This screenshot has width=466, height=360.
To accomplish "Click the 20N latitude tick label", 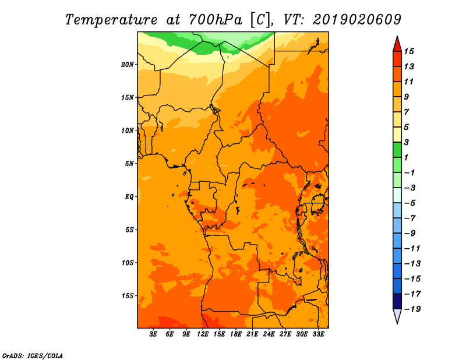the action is point(128,65).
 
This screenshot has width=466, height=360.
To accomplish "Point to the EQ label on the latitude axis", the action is point(129,197).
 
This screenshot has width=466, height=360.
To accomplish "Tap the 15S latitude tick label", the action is point(128,296).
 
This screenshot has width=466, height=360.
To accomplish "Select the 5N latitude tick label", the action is point(129,164).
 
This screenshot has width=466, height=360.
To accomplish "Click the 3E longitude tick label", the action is point(153,334).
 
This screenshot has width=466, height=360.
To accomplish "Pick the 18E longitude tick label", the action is point(236,334).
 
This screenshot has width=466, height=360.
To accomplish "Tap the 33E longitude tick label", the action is point(318,334).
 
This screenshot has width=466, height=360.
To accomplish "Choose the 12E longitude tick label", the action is point(203,334).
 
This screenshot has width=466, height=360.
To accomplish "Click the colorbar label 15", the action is point(409,51).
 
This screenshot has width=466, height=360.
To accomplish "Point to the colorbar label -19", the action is point(412,309).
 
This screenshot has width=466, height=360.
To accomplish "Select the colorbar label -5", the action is point(410,203).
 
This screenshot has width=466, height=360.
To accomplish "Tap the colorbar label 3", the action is point(407,142).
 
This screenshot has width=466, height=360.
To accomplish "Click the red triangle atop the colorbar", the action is point(397,45).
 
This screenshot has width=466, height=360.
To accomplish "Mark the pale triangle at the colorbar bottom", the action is point(397,316).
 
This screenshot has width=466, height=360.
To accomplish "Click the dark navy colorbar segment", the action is point(397,301).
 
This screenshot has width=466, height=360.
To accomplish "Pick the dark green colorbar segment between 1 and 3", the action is point(397,150).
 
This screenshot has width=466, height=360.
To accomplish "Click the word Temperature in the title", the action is point(111,20).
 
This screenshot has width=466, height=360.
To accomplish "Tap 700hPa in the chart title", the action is point(215,20).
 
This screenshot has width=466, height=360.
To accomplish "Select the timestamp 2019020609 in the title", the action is point(357,20).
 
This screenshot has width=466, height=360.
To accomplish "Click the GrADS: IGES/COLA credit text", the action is point(33,356).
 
